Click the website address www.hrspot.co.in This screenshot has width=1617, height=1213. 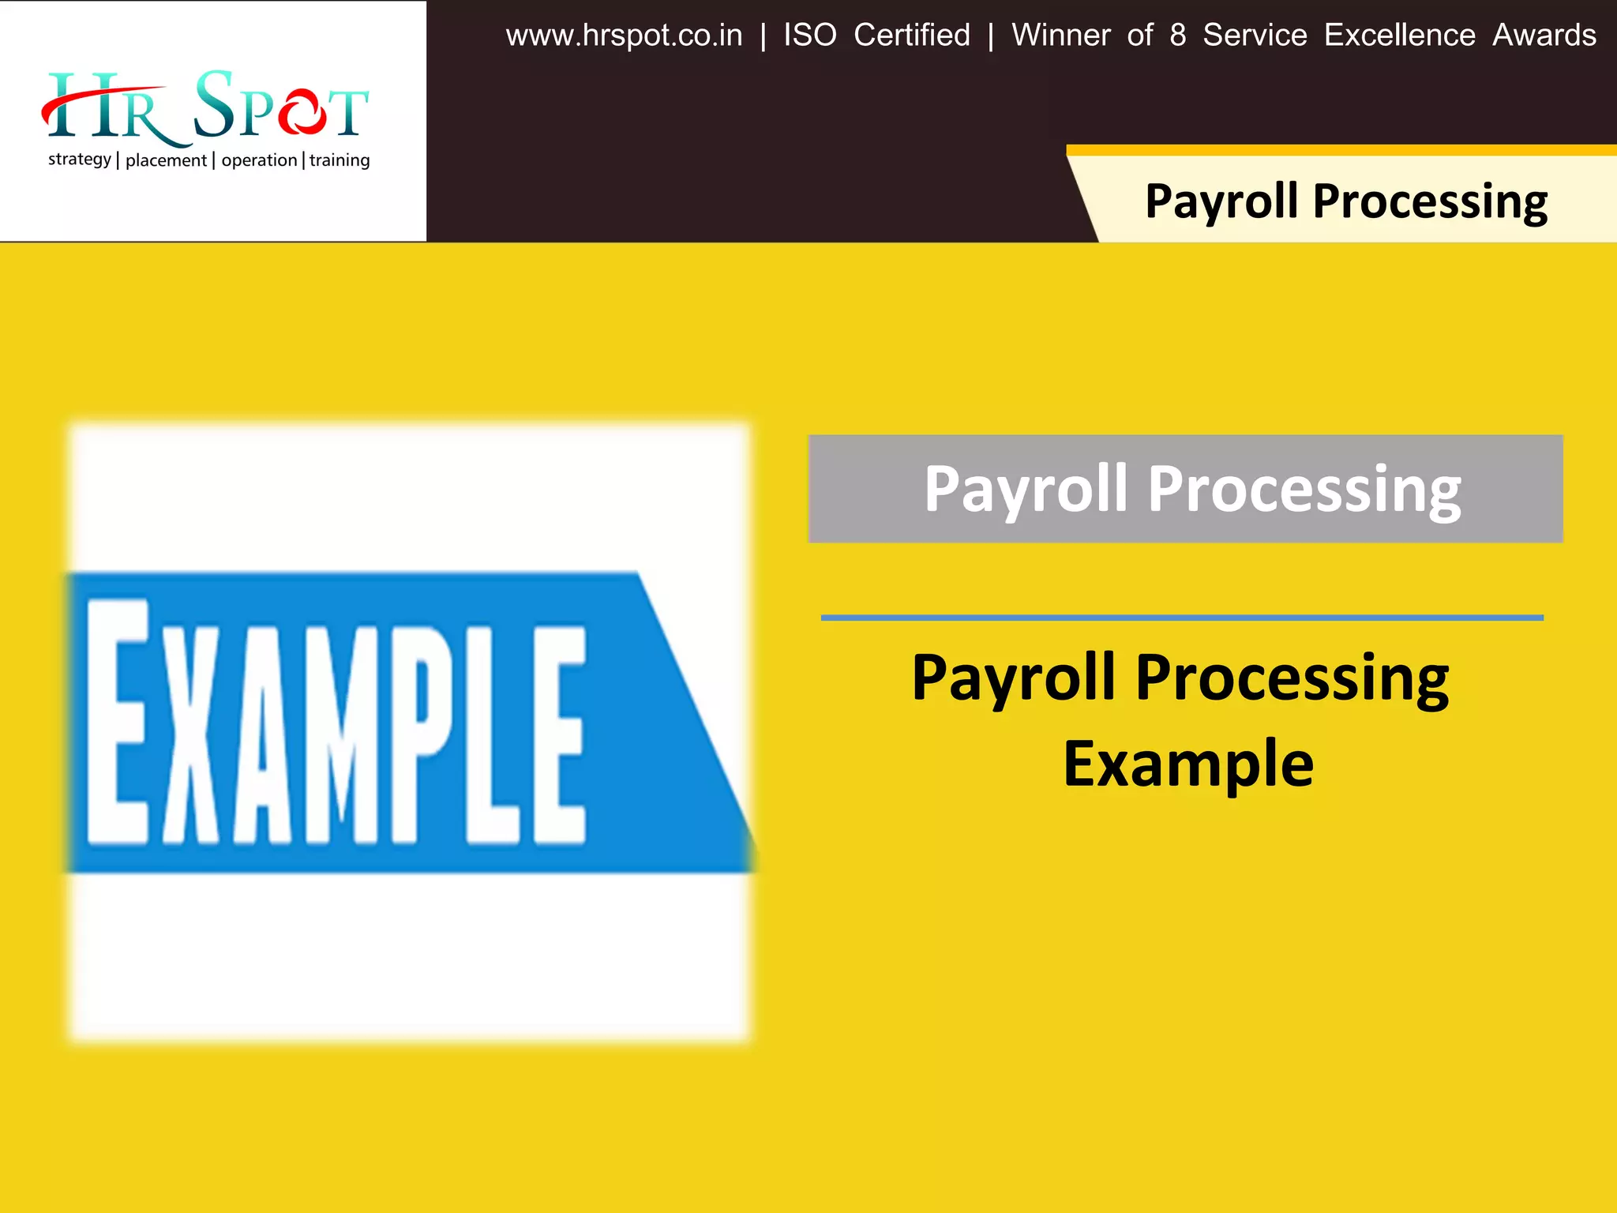pos(624,36)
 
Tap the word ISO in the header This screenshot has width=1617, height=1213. pos(809,36)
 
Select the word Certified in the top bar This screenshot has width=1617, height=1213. pos(912,36)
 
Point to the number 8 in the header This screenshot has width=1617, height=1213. pos(1177,36)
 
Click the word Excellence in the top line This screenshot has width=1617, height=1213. pos(1399,36)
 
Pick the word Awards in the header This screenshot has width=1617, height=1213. pos(1544,36)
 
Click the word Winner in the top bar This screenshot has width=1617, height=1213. pos(1061,36)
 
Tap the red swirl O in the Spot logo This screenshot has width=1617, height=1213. pos(301,112)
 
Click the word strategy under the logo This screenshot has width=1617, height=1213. pos(80,160)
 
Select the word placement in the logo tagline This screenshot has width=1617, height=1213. pos(166,160)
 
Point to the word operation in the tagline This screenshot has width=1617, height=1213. pos(259,160)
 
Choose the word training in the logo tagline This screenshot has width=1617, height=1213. pos(340,160)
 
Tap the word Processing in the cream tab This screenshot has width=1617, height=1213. pos(1429,202)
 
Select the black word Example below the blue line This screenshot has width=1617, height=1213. pos(1187,764)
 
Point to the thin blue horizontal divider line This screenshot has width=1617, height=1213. pos(1181,618)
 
